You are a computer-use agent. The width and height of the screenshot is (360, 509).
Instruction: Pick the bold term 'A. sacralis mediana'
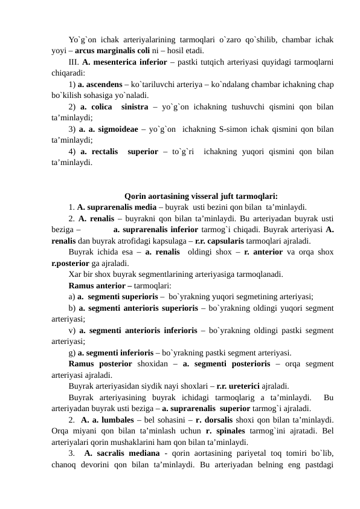[x=125, y=453]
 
